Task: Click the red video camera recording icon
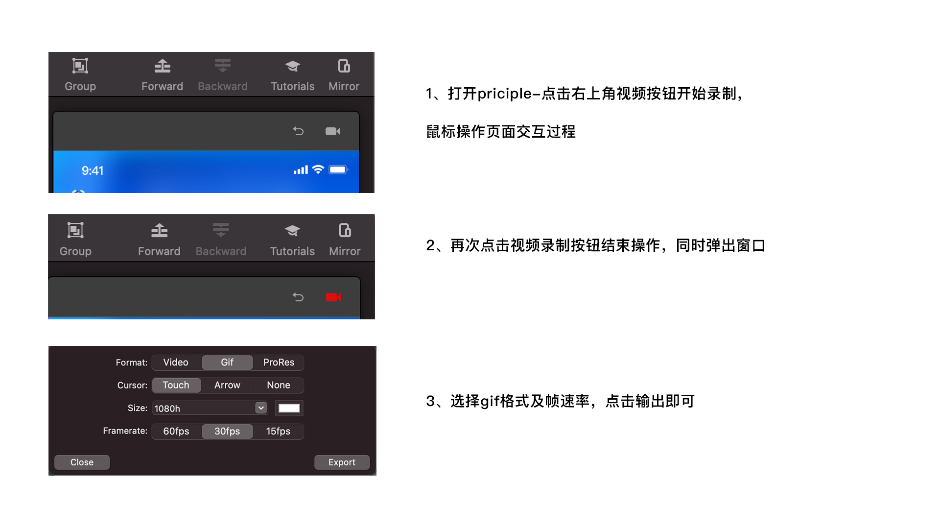pyautogui.click(x=333, y=297)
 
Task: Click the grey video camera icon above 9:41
pyautogui.click(x=333, y=131)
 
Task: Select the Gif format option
pyautogui.click(x=227, y=362)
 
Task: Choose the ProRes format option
pyautogui.click(x=279, y=362)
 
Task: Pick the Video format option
pyautogui.click(x=176, y=362)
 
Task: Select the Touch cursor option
pyautogui.click(x=176, y=385)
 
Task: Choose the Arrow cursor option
pyautogui.click(x=227, y=385)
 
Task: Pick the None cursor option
pyautogui.click(x=279, y=385)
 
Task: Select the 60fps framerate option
pyautogui.click(x=176, y=432)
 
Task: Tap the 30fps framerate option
pyautogui.click(x=227, y=432)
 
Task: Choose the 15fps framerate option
pyautogui.click(x=279, y=432)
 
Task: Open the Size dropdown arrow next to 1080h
pyautogui.click(x=261, y=408)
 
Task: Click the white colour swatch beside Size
pyautogui.click(x=289, y=408)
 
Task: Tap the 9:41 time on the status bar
pyautogui.click(x=93, y=171)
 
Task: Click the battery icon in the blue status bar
pyautogui.click(x=338, y=170)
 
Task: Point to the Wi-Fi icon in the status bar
pyautogui.click(x=318, y=169)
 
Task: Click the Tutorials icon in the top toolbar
pyautogui.click(x=293, y=66)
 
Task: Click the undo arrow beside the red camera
pyautogui.click(x=298, y=297)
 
